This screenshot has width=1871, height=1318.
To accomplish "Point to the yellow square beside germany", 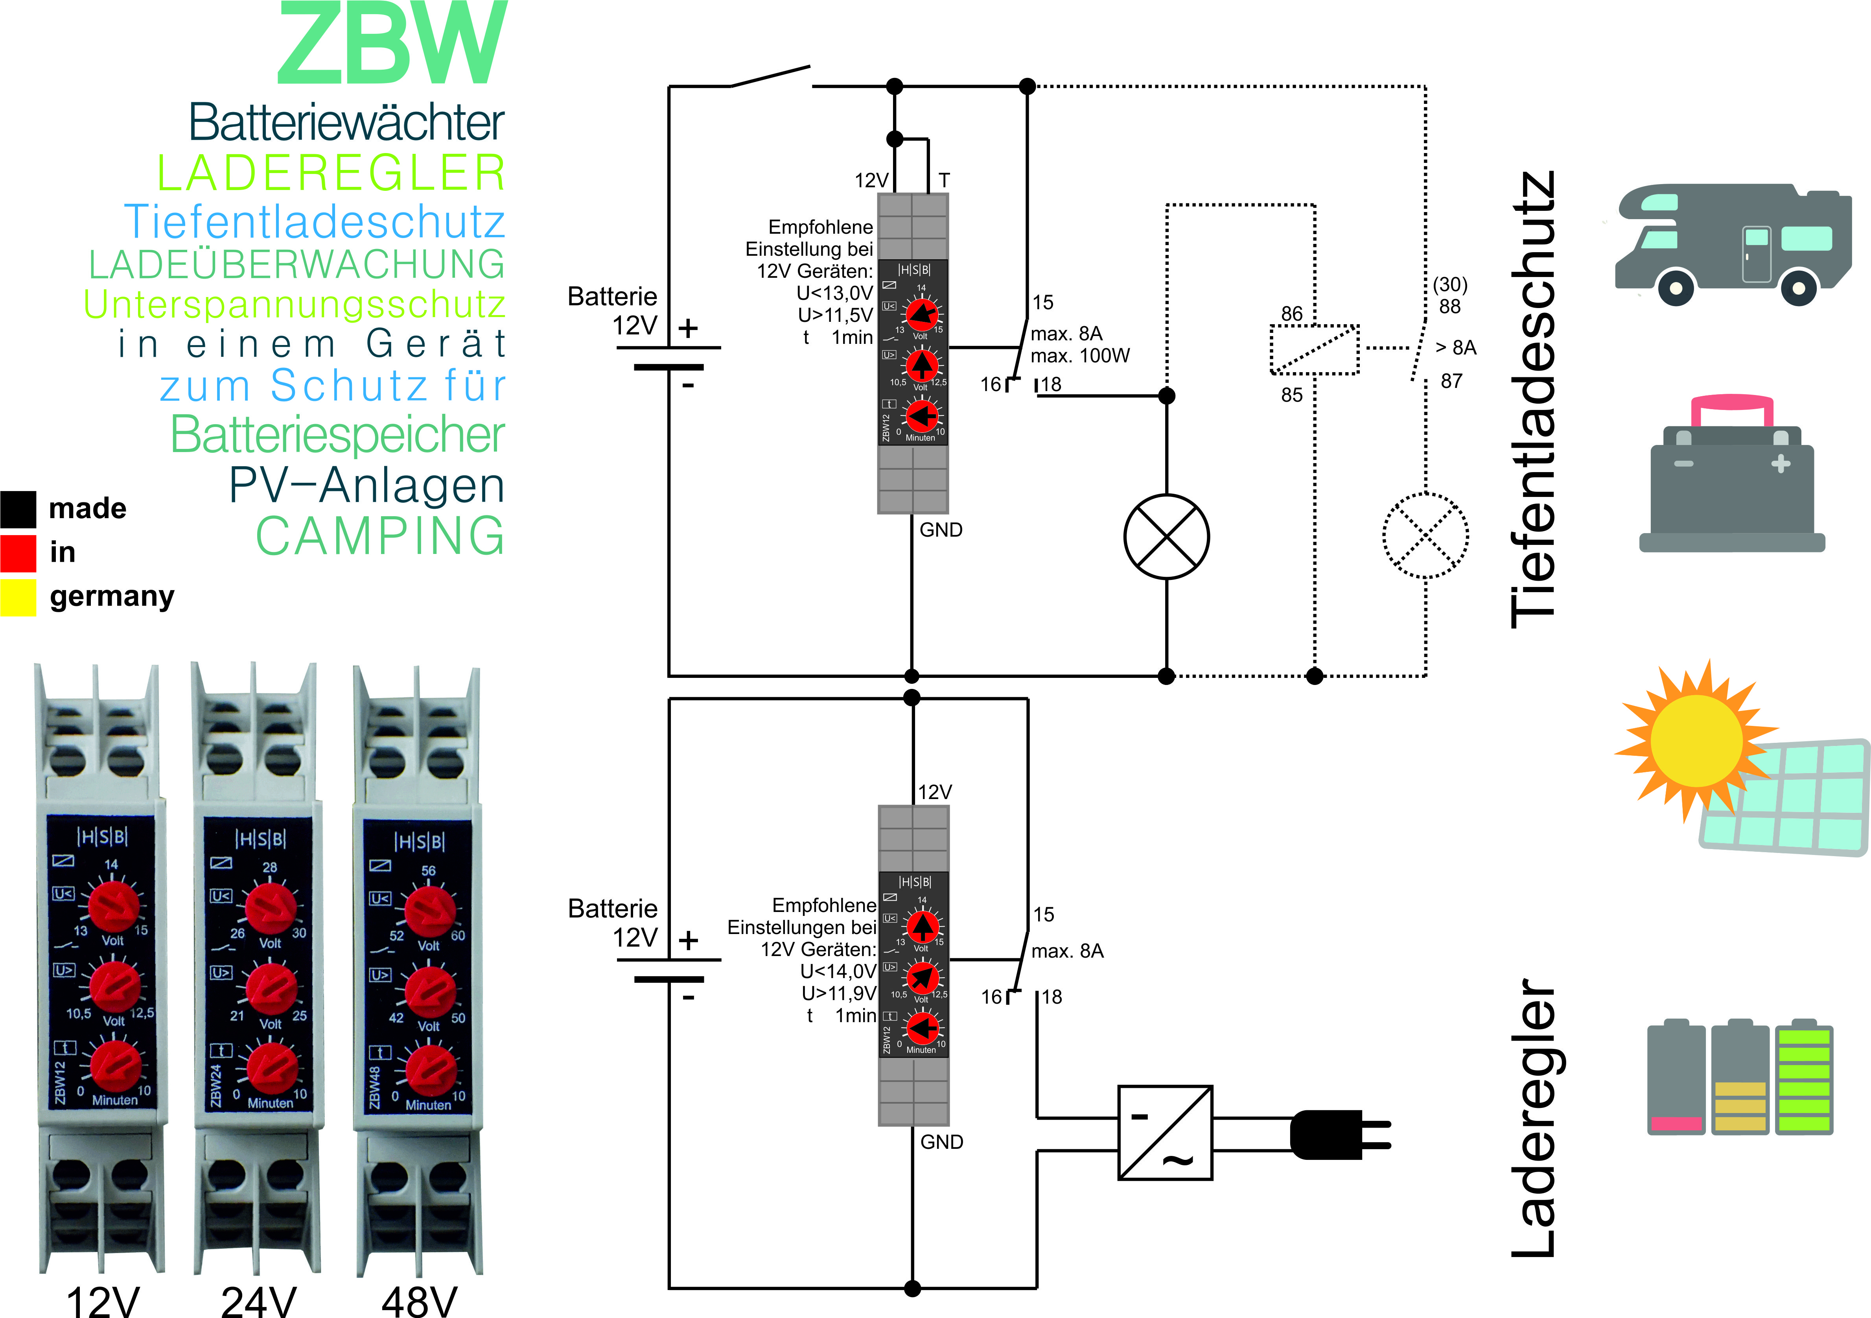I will (x=18, y=597).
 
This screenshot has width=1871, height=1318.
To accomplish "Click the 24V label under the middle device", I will (x=258, y=1300).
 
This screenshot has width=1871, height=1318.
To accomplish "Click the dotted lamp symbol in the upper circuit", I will (x=1425, y=536).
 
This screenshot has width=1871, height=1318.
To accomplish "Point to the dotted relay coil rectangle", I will (x=1315, y=350).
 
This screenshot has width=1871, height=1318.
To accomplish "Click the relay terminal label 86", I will (x=1292, y=314).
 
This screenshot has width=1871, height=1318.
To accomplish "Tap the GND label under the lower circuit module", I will (x=941, y=1142).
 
